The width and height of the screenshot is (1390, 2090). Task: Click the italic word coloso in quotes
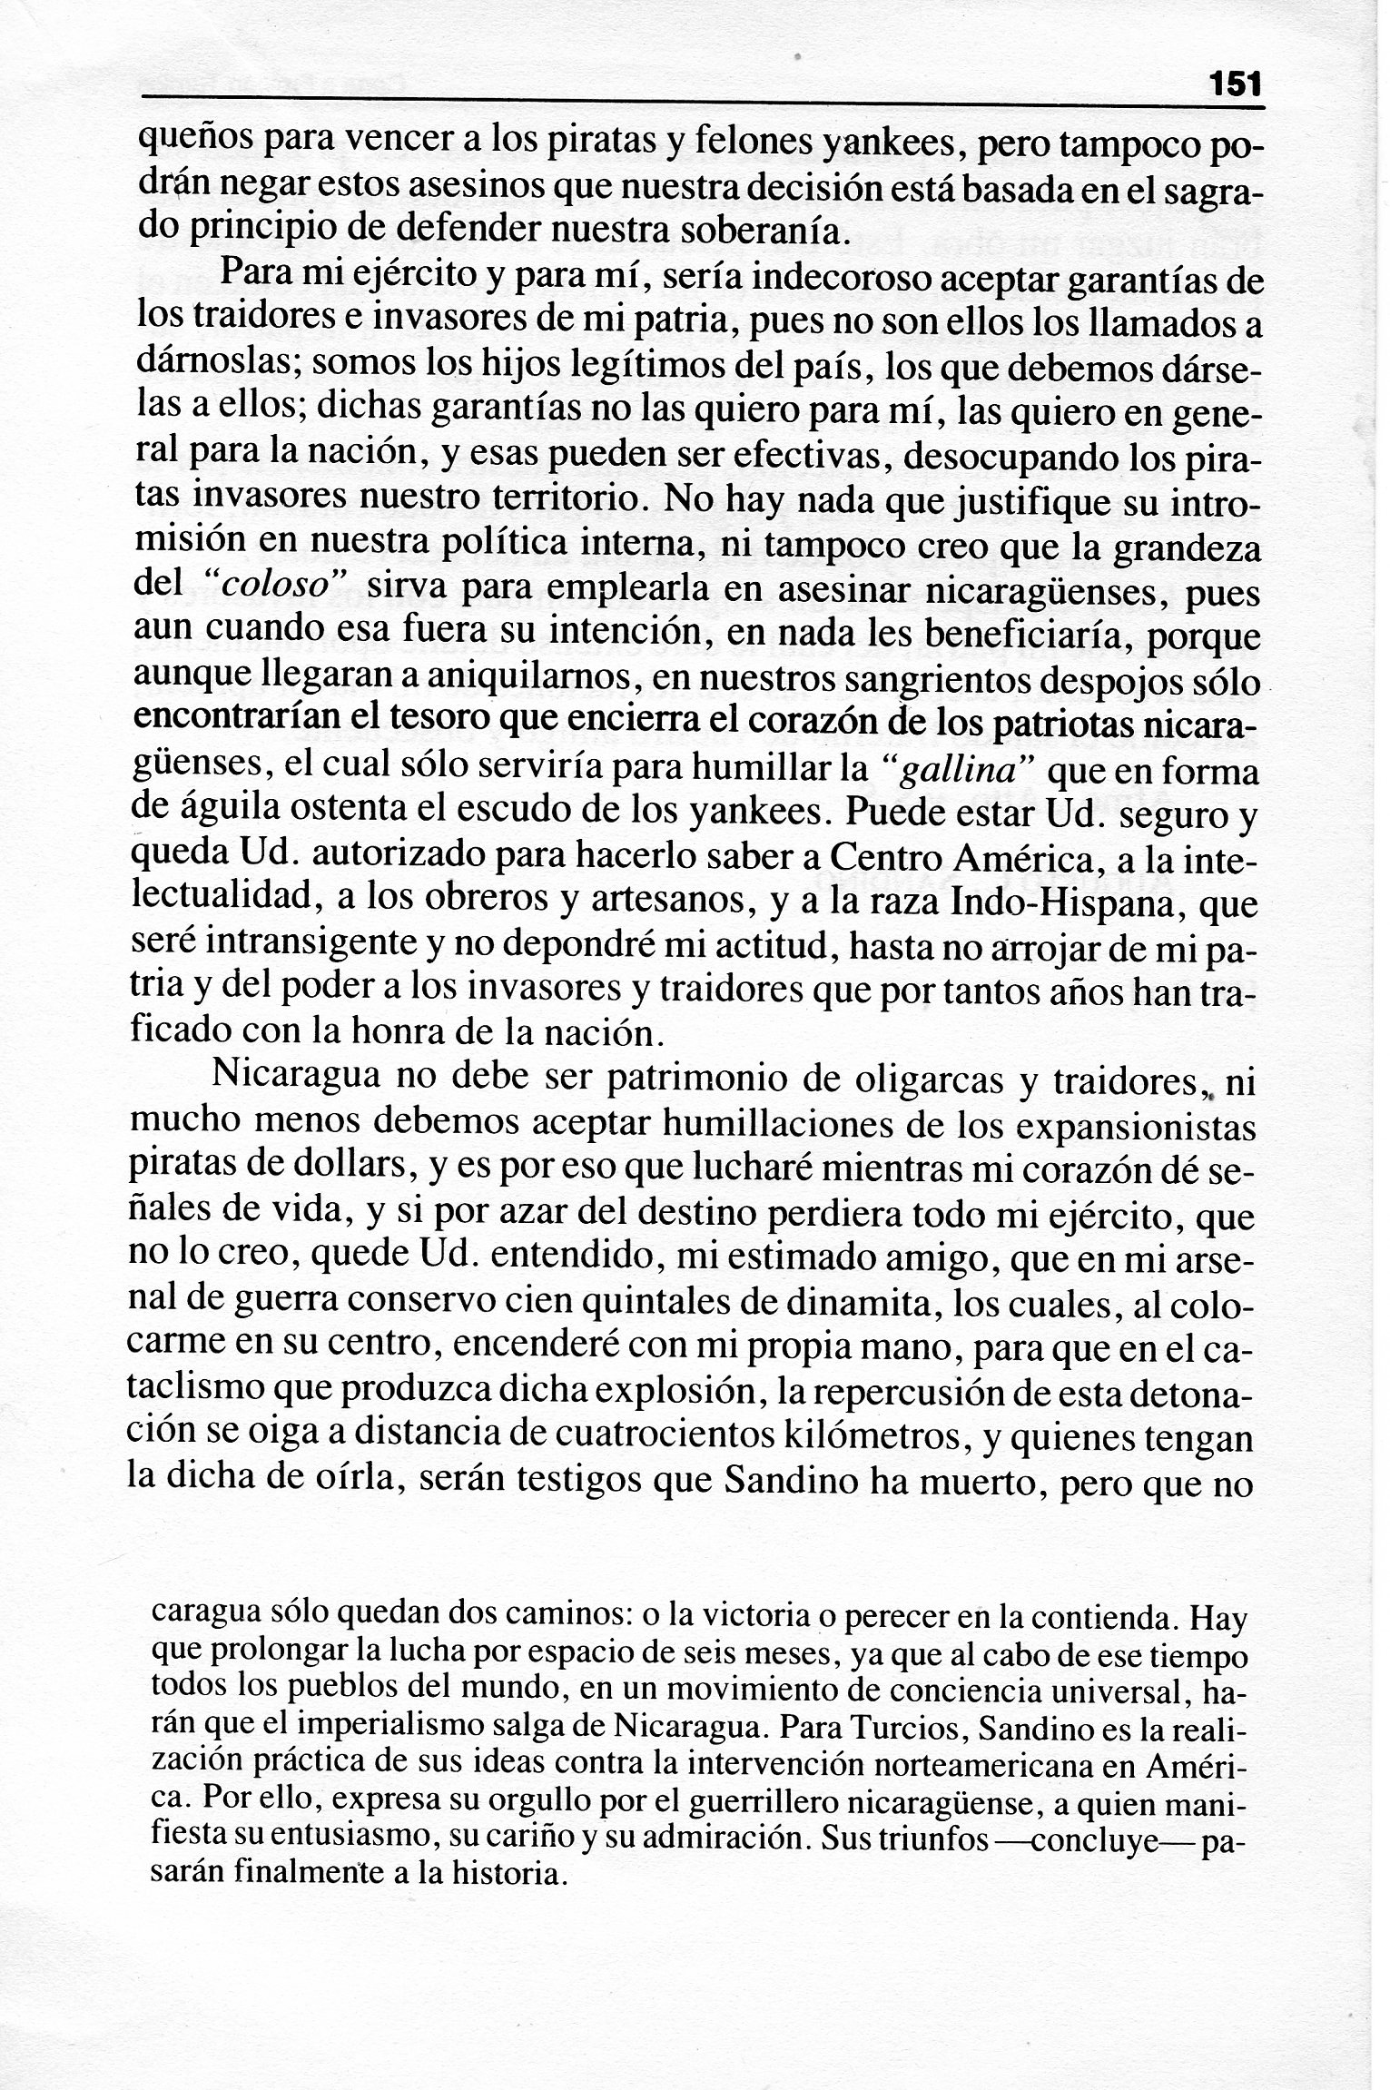pos(275,586)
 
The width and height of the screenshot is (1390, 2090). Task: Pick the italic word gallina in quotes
pos(961,772)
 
